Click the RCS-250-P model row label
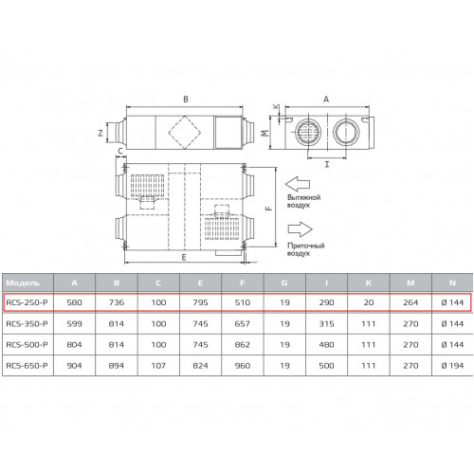(27, 302)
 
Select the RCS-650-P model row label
(27, 366)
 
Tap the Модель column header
(23, 283)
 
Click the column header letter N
(452, 283)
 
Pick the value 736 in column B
(117, 302)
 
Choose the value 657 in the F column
(243, 323)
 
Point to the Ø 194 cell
(452, 366)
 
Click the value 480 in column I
(326, 344)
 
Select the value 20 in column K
(369, 302)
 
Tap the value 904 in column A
(74, 366)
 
